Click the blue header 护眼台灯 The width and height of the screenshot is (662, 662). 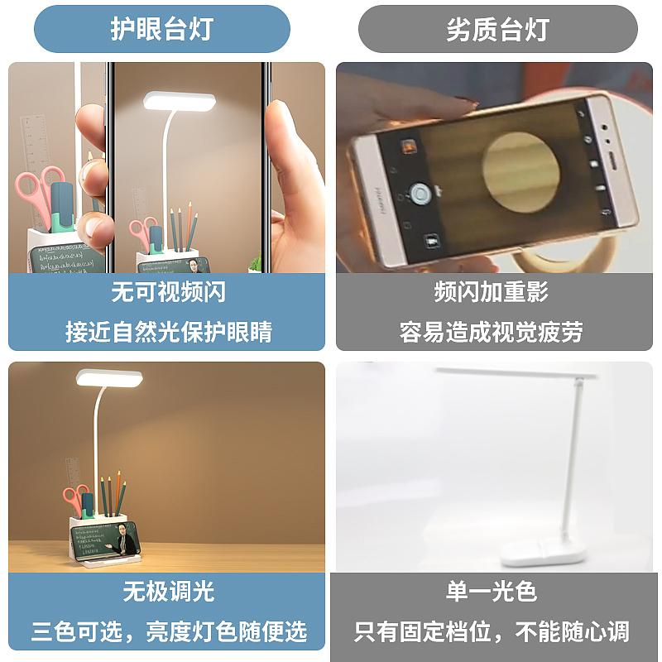[x=162, y=30]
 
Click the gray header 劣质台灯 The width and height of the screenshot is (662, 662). [x=497, y=30]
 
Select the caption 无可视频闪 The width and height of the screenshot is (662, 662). [x=168, y=291]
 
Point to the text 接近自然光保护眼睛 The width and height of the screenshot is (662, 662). [x=168, y=332]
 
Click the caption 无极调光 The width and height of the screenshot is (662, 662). [x=168, y=591]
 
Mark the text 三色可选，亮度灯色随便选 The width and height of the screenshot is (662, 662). [x=168, y=632]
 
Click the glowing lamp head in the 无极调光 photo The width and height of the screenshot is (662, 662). [x=110, y=379]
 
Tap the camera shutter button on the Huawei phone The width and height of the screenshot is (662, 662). [x=420, y=194]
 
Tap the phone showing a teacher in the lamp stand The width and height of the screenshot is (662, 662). [x=105, y=540]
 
